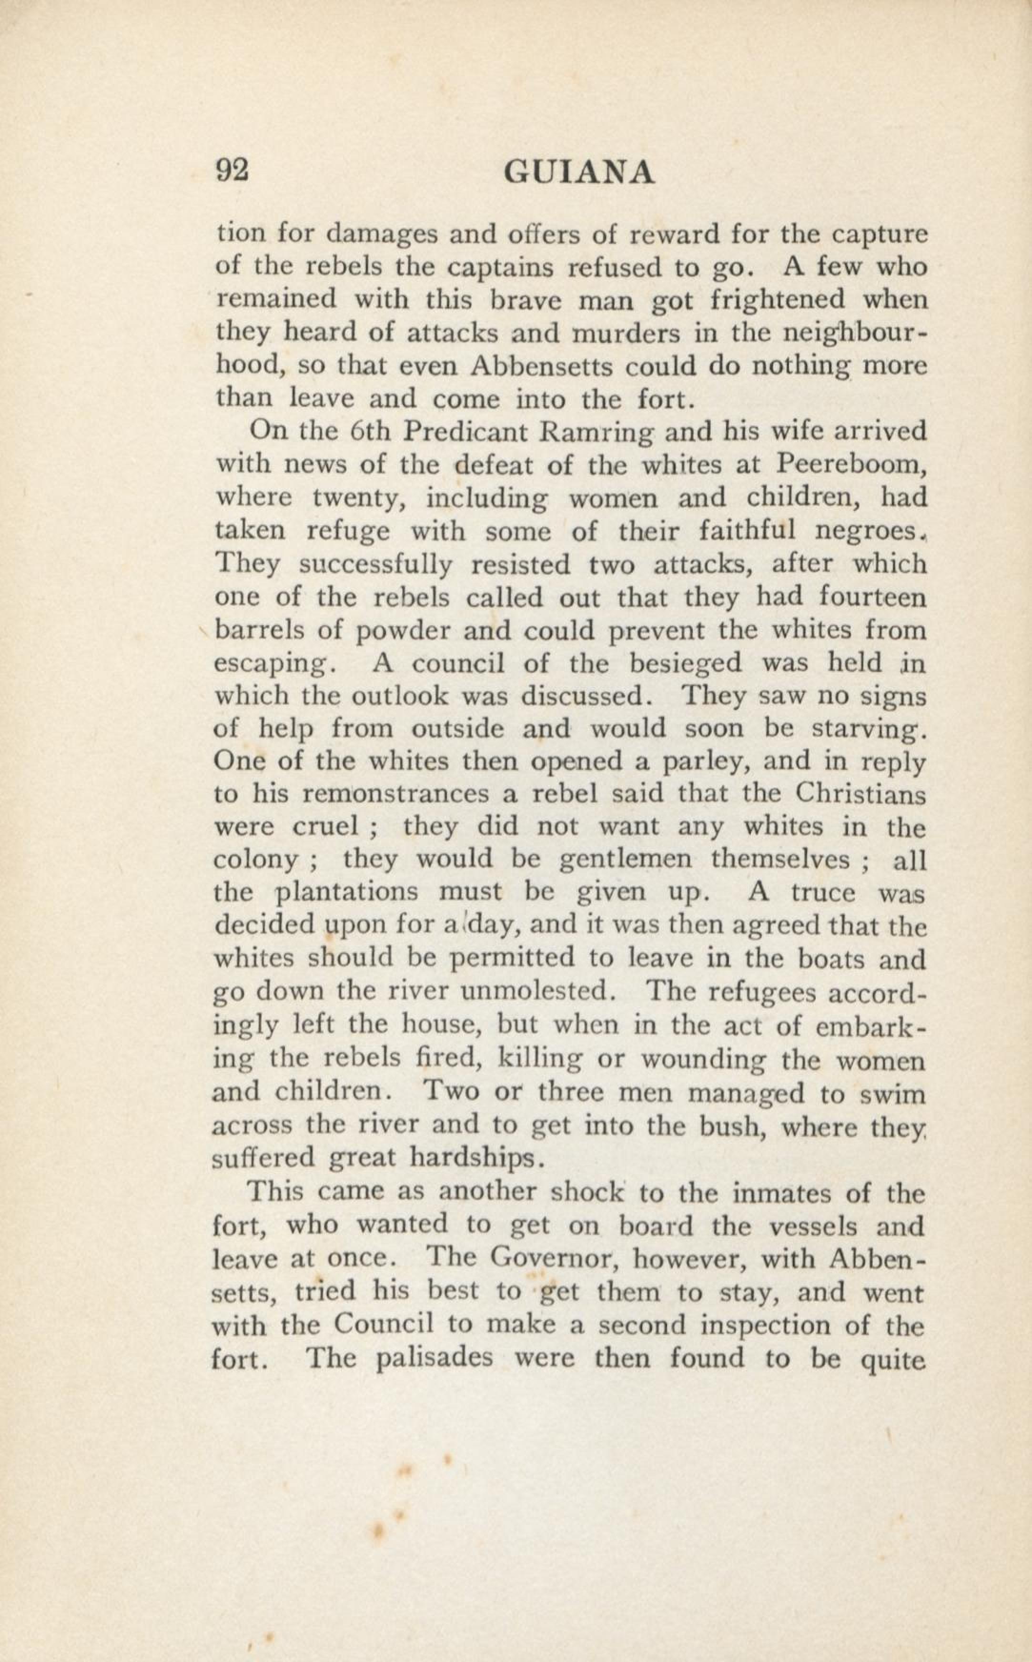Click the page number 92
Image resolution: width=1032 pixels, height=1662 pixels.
(x=232, y=171)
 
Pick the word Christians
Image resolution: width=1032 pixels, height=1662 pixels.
(x=860, y=793)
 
